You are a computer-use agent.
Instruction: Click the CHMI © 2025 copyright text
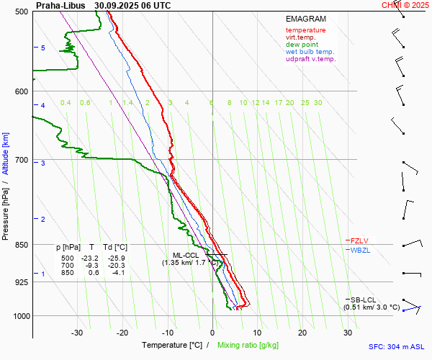pyautogui.click(x=405, y=5)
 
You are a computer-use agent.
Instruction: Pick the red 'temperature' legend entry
pyautogui.click(x=305, y=30)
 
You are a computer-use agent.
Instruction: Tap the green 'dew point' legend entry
pyautogui.click(x=301, y=45)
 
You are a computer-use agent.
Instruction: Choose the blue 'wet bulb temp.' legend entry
pyautogui.click(x=310, y=52)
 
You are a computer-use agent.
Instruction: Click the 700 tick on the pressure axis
pyautogui.click(x=22, y=160)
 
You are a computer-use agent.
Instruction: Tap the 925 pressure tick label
pyautogui.click(x=22, y=282)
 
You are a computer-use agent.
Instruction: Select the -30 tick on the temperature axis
pyautogui.click(x=77, y=333)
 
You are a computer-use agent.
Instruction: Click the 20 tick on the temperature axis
pyautogui.click(x=302, y=333)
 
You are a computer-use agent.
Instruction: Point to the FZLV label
pyautogui.click(x=361, y=240)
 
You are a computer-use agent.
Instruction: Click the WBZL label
pyautogui.click(x=361, y=250)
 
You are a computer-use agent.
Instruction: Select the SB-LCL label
pyautogui.click(x=364, y=300)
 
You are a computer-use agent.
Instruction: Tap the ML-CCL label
pyautogui.click(x=186, y=255)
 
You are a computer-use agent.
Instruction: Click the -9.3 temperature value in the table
pyautogui.click(x=91, y=265)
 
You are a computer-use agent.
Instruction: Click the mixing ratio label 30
pyautogui.click(x=318, y=103)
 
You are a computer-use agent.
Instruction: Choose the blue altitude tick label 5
pyautogui.click(x=43, y=48)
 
